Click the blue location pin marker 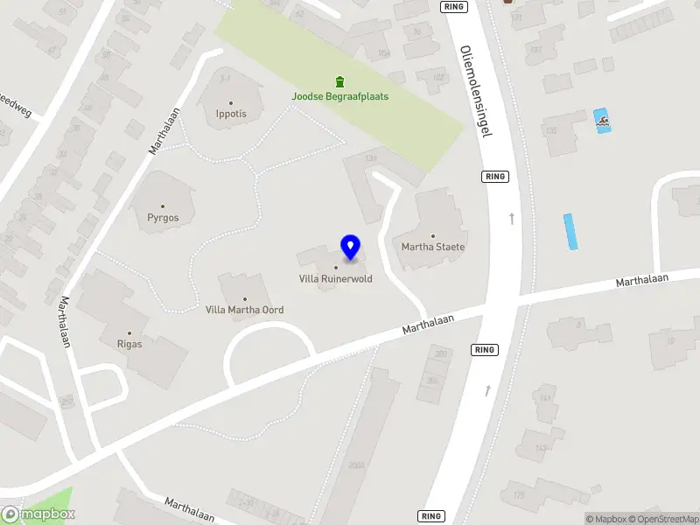350,248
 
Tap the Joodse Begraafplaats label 340,96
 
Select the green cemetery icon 340,81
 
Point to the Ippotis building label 232,114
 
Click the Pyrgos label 163,218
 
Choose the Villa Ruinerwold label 336,279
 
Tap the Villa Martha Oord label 244,310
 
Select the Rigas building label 129,344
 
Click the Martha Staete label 433,247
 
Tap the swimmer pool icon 602,121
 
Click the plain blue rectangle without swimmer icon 571,231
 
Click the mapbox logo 38,514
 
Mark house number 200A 355,465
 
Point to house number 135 550,131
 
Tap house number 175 519,495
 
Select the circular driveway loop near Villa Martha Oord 269,350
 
